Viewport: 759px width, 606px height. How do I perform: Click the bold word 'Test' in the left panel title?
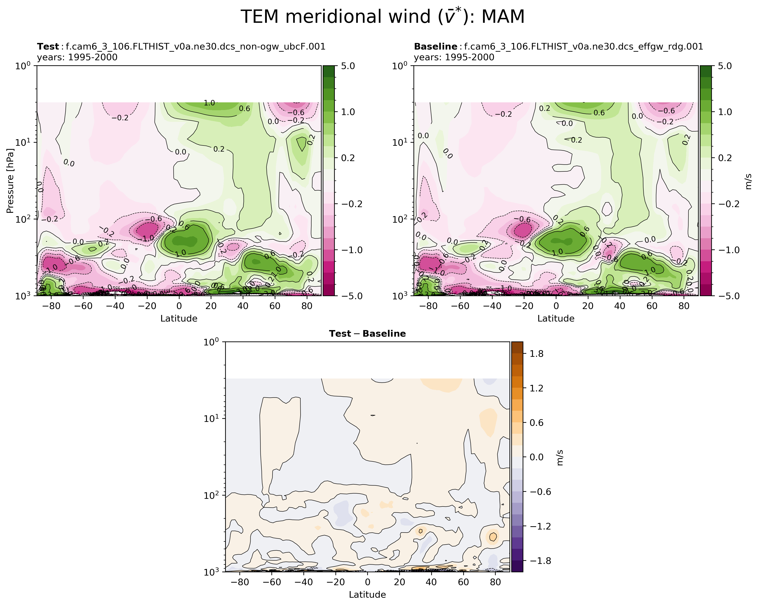coord(48,47)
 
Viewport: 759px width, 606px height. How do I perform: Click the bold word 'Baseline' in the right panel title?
coord(435,47)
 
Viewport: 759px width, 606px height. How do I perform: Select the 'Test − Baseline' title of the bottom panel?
coord(367,334)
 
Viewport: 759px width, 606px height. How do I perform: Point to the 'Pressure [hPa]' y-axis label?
coord(10,181)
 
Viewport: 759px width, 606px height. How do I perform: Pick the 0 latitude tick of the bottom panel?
coord(367,582)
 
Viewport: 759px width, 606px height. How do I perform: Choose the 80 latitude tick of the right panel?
coord(684,306)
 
